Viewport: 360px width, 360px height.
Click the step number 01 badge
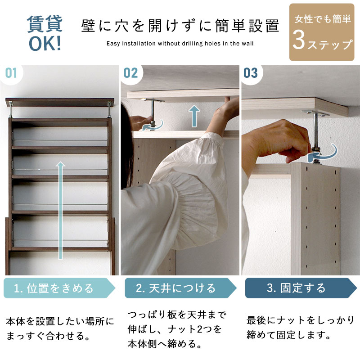(x=11, y=73)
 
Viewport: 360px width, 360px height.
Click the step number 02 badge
(x=130, y=73)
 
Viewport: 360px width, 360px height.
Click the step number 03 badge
(x=251, y=73)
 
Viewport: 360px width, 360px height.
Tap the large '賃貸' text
(x=45, y=24)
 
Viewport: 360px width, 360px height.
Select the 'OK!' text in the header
(x=45, y=45)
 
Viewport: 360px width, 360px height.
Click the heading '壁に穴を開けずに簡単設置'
(x=180, y=26)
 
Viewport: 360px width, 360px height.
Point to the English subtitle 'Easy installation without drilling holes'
(x=180, y=44)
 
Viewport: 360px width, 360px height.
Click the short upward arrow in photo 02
(x=193, y=116)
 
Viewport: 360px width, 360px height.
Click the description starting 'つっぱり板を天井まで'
(x=178, y=329)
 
